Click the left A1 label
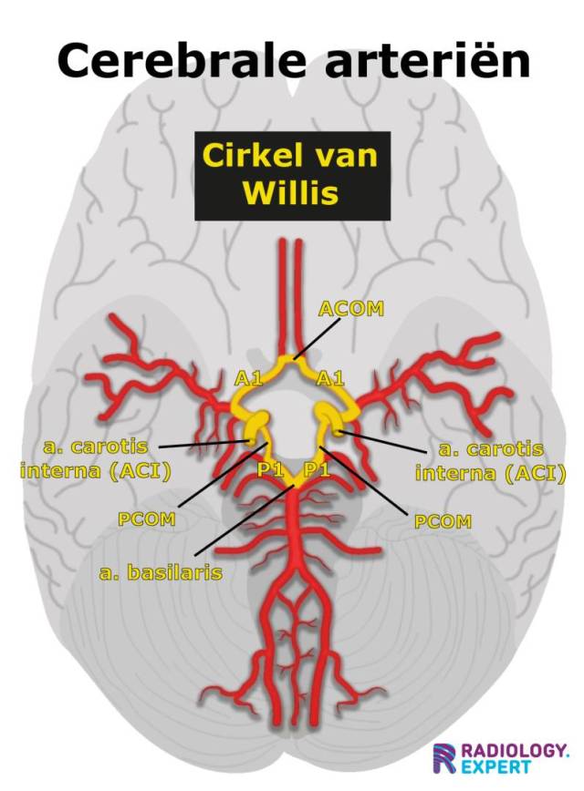point(248,377)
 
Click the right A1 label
point(330,377)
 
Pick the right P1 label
point(316,469)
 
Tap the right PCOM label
point(443,521)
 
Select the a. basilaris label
point(161,574)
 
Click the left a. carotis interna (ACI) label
point(88,459)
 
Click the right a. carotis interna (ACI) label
point(490,461)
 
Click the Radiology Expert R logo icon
point(445,758)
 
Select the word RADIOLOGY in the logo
point(514,750)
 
